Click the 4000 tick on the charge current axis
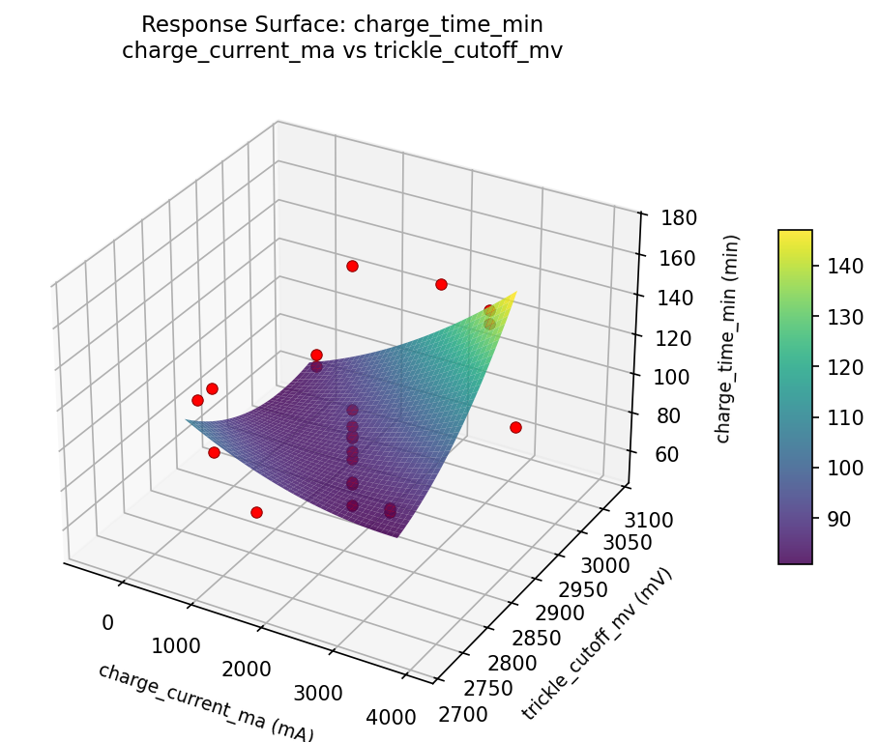392,717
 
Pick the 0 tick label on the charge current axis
107,622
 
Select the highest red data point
352,266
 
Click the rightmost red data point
515,427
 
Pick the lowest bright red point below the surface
256,512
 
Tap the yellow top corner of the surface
514,292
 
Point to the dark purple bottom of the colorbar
795,559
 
